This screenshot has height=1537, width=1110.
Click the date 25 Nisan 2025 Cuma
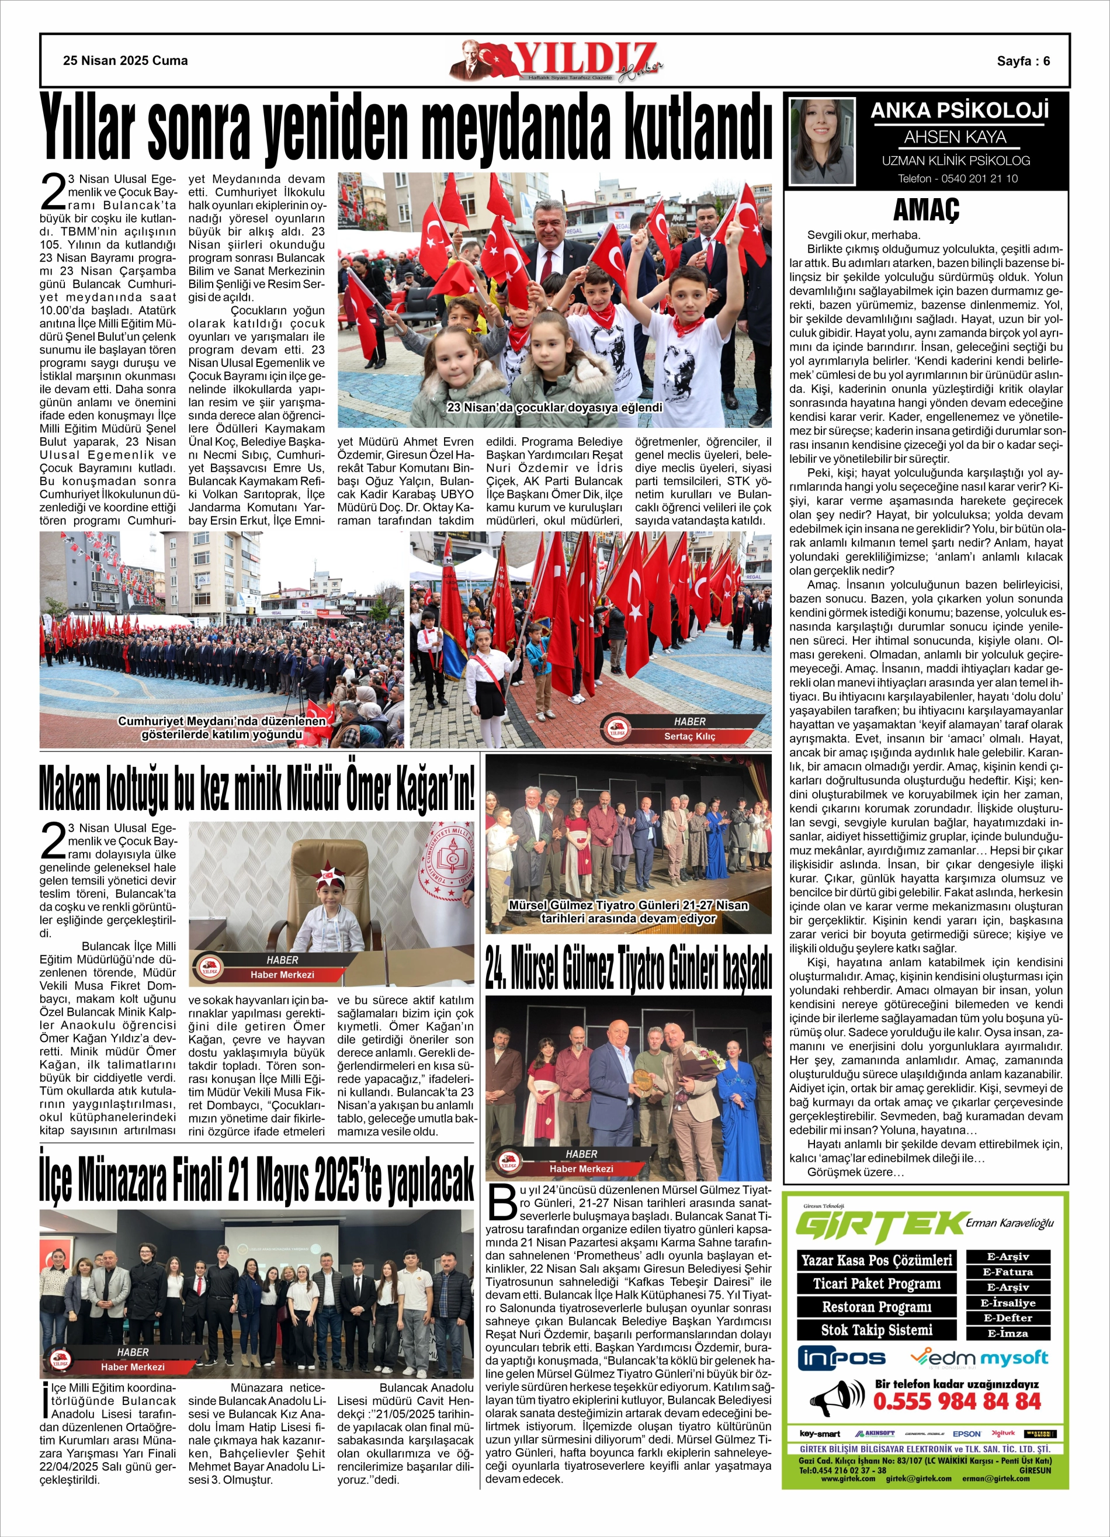(x=126, y=61)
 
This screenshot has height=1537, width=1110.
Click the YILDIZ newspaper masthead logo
(x=557, y=61)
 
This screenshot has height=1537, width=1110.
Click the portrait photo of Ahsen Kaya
(x=823, y=141)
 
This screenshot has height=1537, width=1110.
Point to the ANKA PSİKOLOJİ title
(x=959, y=110)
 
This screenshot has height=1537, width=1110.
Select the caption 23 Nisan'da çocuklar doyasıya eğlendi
(x=554, y=408)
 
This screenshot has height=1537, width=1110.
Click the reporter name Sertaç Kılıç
(x=689, y=736)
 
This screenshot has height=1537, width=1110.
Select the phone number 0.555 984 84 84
(x=957, y=1401)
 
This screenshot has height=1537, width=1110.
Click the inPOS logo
(x=843, y=1358)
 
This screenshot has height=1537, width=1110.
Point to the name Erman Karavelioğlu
(x=1010, y=1223)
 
